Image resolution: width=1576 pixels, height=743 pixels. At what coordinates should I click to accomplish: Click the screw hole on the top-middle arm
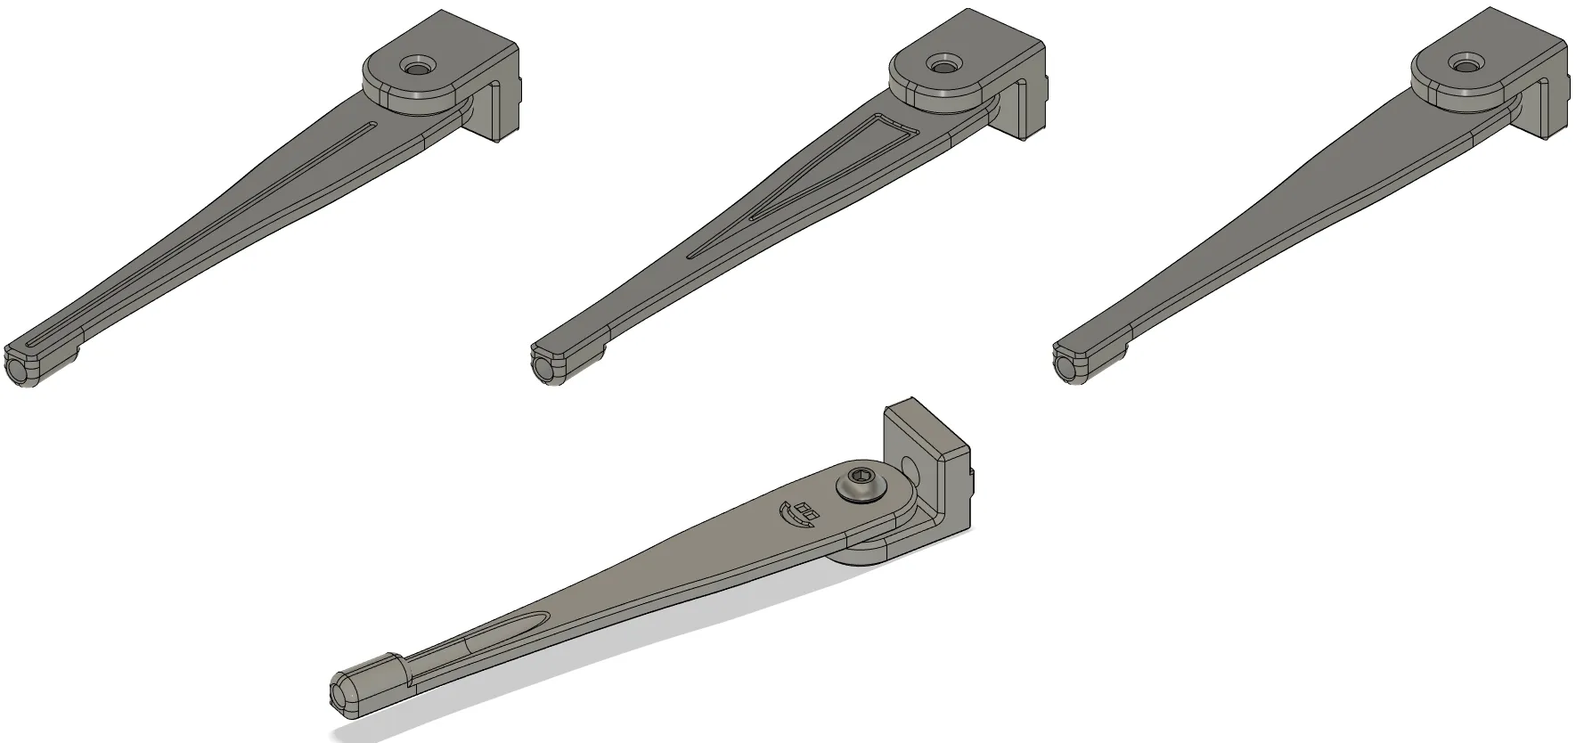(x=940, y=65)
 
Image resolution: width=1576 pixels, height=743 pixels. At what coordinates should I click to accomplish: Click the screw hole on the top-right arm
(x=1462, y=64)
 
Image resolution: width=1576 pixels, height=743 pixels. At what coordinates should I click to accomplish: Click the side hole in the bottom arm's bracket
(x=909, y=466)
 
